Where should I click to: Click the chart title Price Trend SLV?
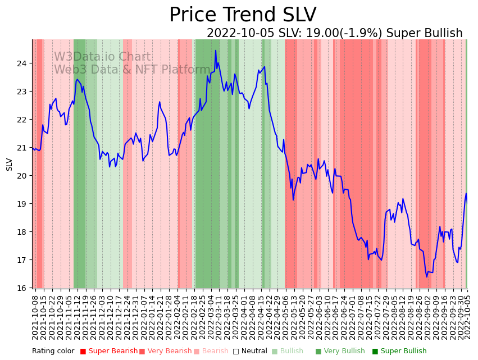(x=243, y=15)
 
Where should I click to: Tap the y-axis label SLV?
(x=10, y=164)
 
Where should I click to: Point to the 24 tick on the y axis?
(x=22, y=63)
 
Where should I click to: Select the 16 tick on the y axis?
(x=22, y=288)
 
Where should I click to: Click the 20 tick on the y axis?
(x=22, y=176)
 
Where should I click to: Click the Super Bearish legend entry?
(x=109, y=352)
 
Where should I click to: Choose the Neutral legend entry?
(x=250, y=352)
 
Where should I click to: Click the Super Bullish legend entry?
(x=399, y=352)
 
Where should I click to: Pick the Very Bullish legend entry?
(x=340, y=352)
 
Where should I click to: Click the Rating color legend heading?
(x=53, y=352)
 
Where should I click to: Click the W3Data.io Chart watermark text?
(x=102, y=57)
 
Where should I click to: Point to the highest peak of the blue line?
(x=216, y=51)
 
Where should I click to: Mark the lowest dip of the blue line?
(x=426, y=276)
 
